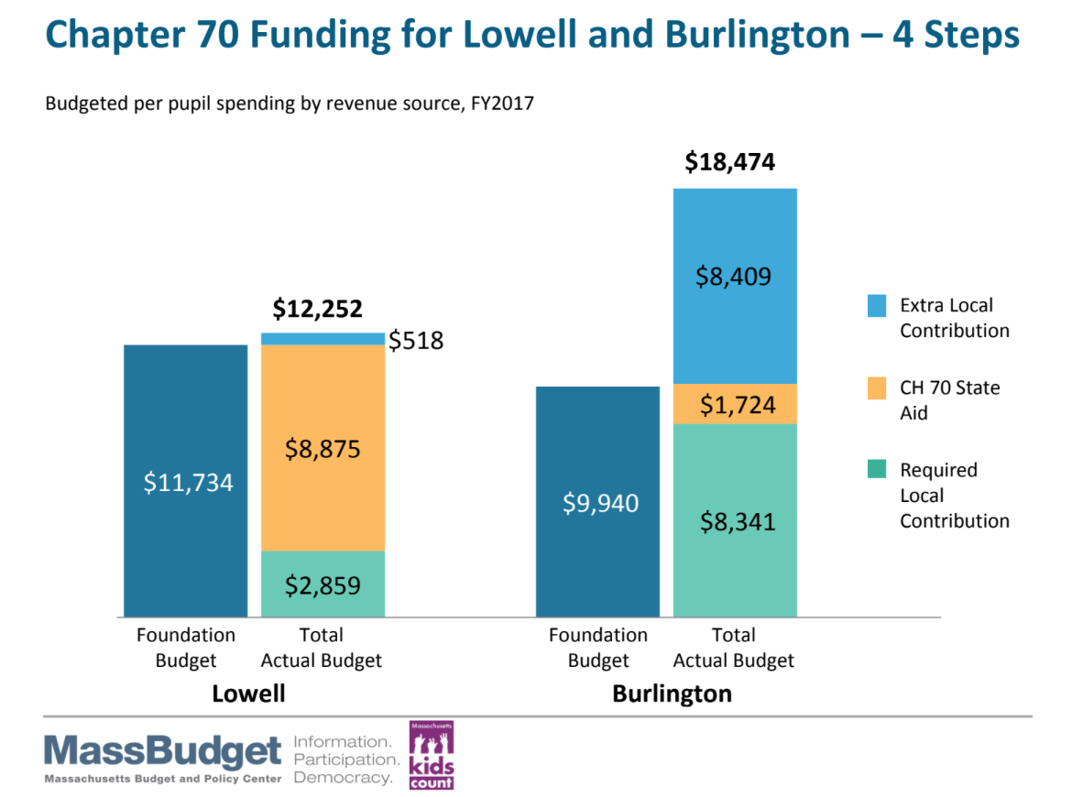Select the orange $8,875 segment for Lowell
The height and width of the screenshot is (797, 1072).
click(x=323, y=448)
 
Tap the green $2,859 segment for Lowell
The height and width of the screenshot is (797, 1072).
click(x=323, y=584)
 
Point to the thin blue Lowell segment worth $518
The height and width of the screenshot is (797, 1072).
click(x=323, y=339)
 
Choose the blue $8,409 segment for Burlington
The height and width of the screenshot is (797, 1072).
click(x=735, y=285)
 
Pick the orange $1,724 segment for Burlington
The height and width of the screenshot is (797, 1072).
click(x=735, y=404)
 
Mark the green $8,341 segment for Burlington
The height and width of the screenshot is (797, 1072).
click(x=735, y=519)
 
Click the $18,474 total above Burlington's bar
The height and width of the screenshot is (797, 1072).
click(x=730, y=163)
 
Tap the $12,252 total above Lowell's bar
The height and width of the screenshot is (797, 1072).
click(x=318, y=309)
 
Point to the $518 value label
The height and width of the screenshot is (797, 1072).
click(x=416, y=341)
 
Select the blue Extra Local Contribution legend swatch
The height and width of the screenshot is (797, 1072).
click(x=877, y=306)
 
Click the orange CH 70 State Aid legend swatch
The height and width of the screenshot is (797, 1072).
click(x=877, y=388)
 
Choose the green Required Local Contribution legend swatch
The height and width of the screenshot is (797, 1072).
click(x=877, y=470)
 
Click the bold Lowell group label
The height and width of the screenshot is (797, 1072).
click(x=248, y=693)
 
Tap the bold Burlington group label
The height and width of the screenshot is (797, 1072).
click(x=672, y=693)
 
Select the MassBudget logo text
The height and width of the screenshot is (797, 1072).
click(x=163, y=753)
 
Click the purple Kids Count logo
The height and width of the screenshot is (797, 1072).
click(x=431, y=756)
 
